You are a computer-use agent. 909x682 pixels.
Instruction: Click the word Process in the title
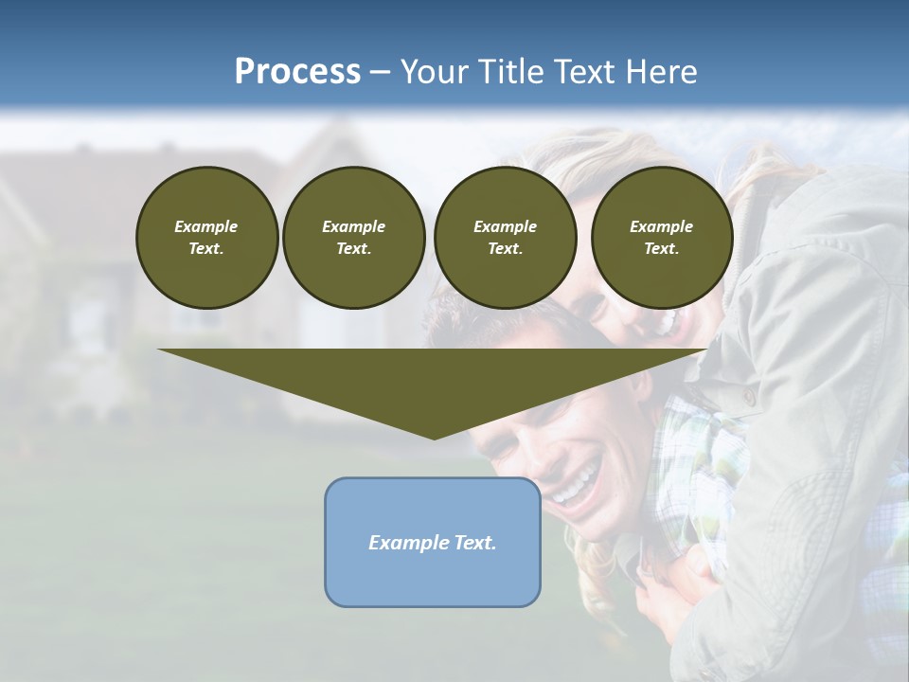[x=297, y=71]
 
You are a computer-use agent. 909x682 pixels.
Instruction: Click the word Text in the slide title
[x=586, y=71]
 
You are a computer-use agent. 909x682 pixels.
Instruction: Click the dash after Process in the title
[x=381, y=72]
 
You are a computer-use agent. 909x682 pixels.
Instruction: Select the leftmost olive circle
[x=206, y=238]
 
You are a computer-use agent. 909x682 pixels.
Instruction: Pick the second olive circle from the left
[x=353, y=238]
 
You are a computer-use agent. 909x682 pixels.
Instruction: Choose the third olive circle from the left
[x=505, y=238]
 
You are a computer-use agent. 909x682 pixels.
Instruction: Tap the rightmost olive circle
[x=661, y=238]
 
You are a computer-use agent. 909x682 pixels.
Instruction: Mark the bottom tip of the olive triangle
[x=434, y=438]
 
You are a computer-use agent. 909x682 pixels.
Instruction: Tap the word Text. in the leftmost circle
[x=206, y=249]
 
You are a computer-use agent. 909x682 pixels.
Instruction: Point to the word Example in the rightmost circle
[x=661, y=226]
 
